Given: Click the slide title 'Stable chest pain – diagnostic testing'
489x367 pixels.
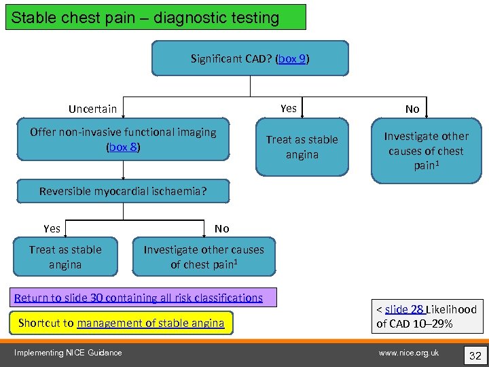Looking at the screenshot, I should (145, 18).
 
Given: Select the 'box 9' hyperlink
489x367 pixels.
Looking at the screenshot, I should (293, 59).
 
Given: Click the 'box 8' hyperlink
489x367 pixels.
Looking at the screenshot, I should (123, 147).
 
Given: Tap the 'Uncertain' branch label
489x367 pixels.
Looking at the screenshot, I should (92, 109).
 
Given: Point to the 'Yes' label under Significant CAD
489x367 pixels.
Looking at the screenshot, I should (288, 108).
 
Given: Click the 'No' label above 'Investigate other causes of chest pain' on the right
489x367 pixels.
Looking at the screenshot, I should (412, 109).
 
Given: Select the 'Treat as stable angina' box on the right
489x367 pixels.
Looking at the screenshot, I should (302, 147).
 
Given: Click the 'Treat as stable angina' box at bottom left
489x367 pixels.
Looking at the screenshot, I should (65, 257).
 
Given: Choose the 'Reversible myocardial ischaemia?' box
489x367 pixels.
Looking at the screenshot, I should (123, 191).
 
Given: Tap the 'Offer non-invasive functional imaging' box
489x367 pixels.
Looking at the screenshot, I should (123, 139).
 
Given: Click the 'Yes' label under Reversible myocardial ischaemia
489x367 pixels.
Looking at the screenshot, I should (52, 228).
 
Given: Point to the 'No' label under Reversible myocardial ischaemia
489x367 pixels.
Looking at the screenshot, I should (221, 228).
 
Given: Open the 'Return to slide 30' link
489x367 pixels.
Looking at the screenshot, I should (138, 298).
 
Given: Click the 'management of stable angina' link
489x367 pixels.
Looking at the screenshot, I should (150, 323).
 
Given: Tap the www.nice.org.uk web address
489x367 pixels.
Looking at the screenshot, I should (409, 352).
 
